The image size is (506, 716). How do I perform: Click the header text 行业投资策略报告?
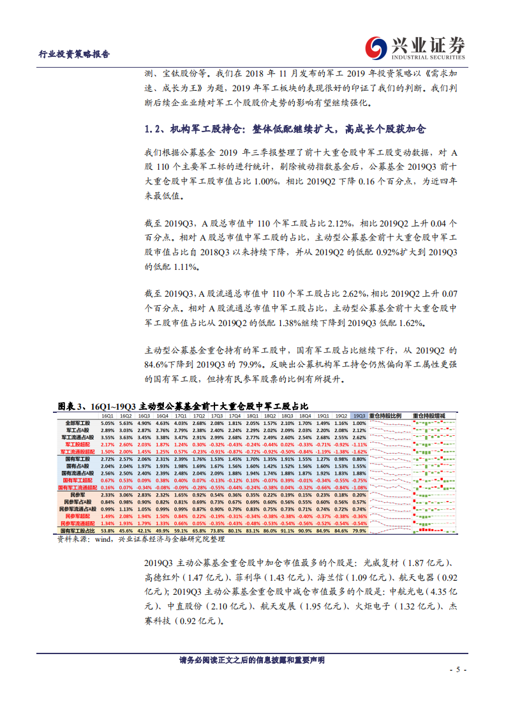75,54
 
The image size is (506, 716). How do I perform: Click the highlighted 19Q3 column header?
359,415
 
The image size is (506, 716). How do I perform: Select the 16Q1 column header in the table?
107,415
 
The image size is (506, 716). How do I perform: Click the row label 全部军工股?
78,423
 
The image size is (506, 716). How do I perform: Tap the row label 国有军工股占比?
76,530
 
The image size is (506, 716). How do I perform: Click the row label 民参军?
78,495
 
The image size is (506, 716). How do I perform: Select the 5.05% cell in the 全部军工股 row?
107,423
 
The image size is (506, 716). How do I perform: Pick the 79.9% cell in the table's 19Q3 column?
359,530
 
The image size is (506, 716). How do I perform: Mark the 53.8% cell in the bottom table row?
107,530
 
